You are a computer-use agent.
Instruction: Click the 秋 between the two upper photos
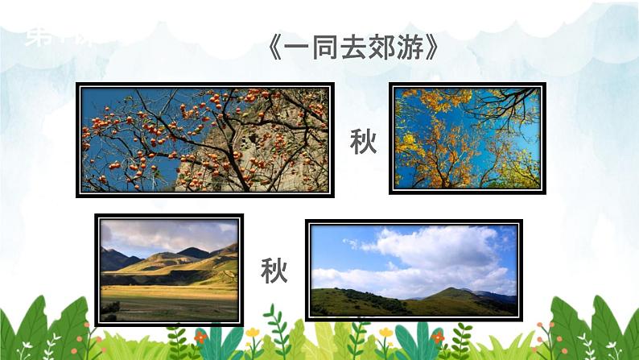pyautogui.click(x=363, y=141)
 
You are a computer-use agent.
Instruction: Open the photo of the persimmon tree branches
pyautogui.click(x=205, y=139)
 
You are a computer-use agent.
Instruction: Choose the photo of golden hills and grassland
pyautogui.click(x=169, y=269)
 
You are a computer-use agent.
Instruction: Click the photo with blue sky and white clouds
pyautogui.click(x=414, y=271)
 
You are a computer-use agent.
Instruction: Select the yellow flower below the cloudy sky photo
pyautogui.click(x=386, y=332)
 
